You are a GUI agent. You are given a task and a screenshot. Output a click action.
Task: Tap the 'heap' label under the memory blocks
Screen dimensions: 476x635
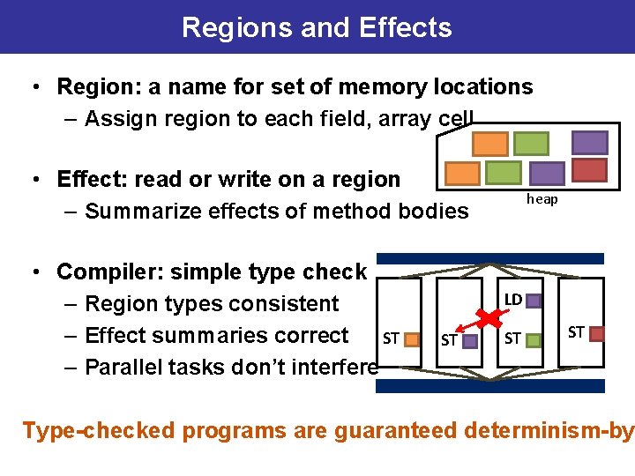pos(542,199)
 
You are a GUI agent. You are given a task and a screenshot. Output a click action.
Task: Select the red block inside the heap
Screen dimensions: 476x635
pos(590,170)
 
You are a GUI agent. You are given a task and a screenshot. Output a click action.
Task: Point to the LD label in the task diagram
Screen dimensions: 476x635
pos(512,301)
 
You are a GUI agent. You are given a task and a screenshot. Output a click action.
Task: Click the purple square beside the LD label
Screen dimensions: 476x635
pos(534,301)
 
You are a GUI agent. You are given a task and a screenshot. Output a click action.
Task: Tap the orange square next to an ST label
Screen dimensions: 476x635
pos(411,338)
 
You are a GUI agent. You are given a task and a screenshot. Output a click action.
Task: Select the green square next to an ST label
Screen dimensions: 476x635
pos(532,338)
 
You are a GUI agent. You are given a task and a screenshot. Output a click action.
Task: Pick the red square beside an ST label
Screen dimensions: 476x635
pos(597,333)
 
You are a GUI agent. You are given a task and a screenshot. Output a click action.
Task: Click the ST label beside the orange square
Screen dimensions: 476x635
pos(391,338)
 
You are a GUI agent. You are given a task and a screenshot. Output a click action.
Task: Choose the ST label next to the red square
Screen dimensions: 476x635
pos(576,332)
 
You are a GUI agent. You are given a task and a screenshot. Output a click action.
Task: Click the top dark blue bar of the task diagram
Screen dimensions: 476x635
pos(490,259)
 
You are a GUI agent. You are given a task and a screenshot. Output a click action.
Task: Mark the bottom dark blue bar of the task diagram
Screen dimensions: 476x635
pos(490,385)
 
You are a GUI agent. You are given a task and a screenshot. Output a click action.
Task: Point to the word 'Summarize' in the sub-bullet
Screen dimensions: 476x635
pos(138,211)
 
